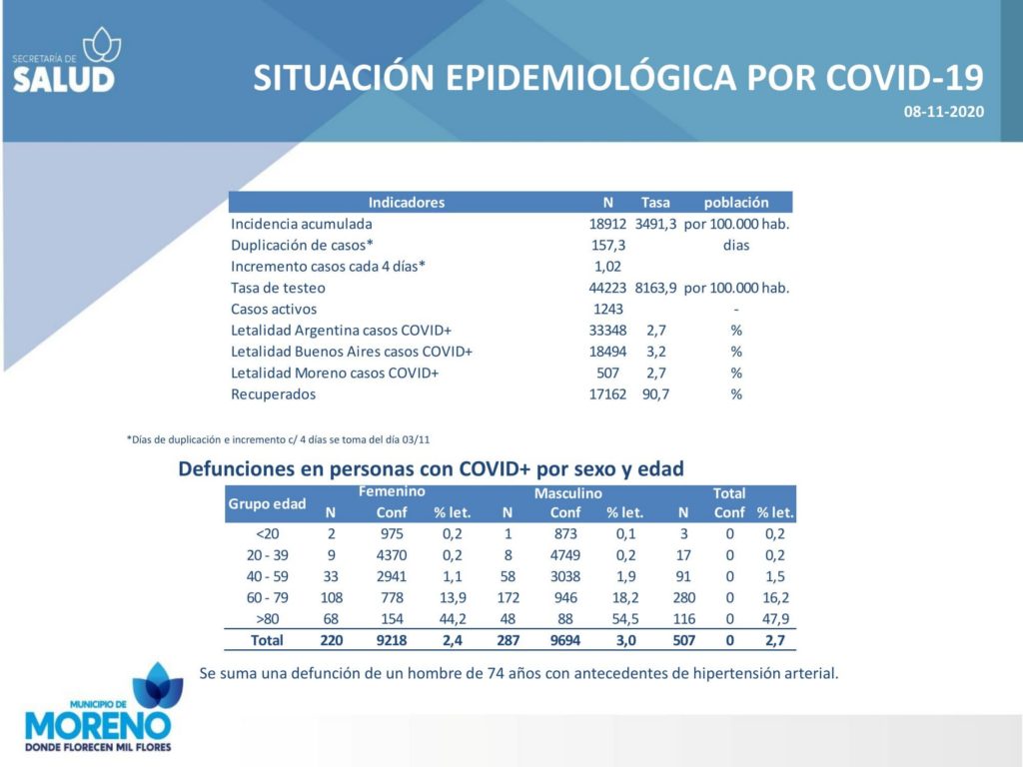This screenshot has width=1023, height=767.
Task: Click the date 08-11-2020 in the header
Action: (x=943, y=112)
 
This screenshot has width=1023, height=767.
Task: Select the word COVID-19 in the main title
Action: (x=905, y=78)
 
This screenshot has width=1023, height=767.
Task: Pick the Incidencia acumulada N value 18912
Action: (x=607, y=224)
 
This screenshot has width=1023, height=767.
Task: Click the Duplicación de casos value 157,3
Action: (x=608, y=246)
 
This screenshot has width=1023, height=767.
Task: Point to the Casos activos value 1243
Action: (x=608, y=310)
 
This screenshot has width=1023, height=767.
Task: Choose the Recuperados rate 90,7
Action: (x=655, y=393)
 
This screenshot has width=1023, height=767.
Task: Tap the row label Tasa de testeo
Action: (x=278, y=288)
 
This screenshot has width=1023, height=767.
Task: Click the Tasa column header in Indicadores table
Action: (x=655, y=202)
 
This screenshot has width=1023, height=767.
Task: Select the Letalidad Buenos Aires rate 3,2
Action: (x=655, y=352)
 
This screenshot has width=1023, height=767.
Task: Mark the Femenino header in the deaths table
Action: (x=392, y=491)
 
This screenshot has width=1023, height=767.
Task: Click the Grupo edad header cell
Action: (x=267, y=503)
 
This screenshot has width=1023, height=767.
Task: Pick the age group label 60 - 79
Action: (x=268, y=597)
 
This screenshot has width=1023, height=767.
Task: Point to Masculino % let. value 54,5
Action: (x=625, y=619)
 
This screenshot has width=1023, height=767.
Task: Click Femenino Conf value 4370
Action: (x=392, y=555)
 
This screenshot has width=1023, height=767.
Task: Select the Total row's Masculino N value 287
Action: (x=508, y=640)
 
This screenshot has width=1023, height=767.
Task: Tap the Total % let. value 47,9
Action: (x=775, y=619)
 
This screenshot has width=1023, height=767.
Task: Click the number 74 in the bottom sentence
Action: (x=496, y=673)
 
